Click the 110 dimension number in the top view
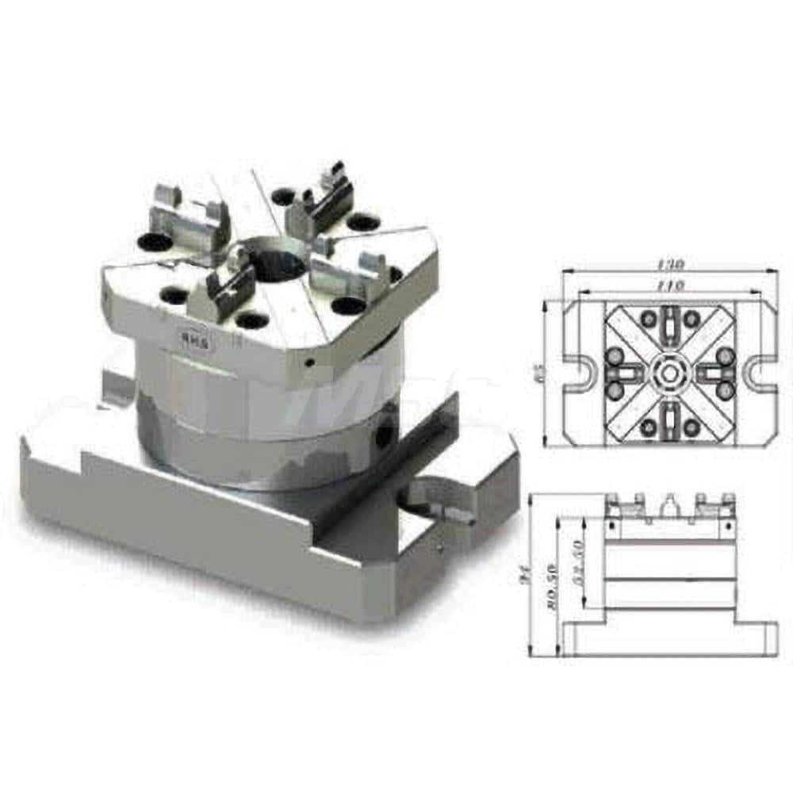click(671, 283)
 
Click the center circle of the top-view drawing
click(671, 372)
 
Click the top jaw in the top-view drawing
click(671, 325)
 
